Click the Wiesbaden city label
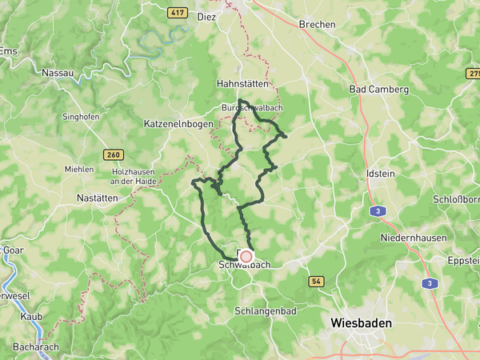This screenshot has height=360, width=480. pyautogui.click(x=362, y=322)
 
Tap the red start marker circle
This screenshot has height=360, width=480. pyautogui.click(x=246, y=257)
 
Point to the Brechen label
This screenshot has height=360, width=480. pyautogui.click(x=317, y=24)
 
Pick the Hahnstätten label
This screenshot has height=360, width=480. pyautogui.click(x=241, y=83)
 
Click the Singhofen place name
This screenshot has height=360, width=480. pyautogui.click(x=81, y=117)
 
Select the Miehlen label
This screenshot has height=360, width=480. pyautogui.click(x=79, y=169)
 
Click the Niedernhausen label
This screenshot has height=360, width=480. pyautogui.click(x=407, y=238)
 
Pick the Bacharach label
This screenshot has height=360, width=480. pyautogui.click(x=36, y=348)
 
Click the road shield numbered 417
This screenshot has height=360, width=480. pyautogui.click(x=178, y=13)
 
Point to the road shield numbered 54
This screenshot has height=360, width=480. pyautogui.click(x=316, y=282)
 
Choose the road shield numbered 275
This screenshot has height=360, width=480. pyautogui.click(x=472, y=73)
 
